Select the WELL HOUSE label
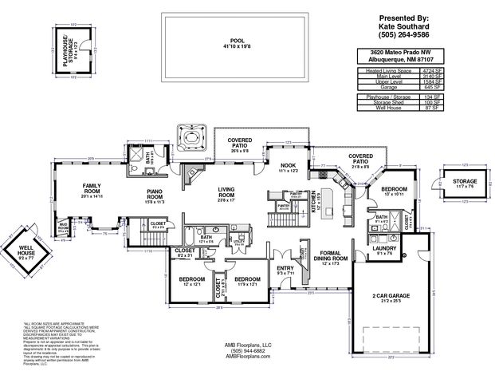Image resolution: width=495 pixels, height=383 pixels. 26,253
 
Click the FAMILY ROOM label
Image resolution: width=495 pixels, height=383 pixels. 96,189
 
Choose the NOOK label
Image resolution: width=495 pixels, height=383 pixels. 288,167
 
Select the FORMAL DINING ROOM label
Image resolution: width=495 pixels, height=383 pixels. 329,259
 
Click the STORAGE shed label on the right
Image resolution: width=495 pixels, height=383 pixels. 465,181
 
